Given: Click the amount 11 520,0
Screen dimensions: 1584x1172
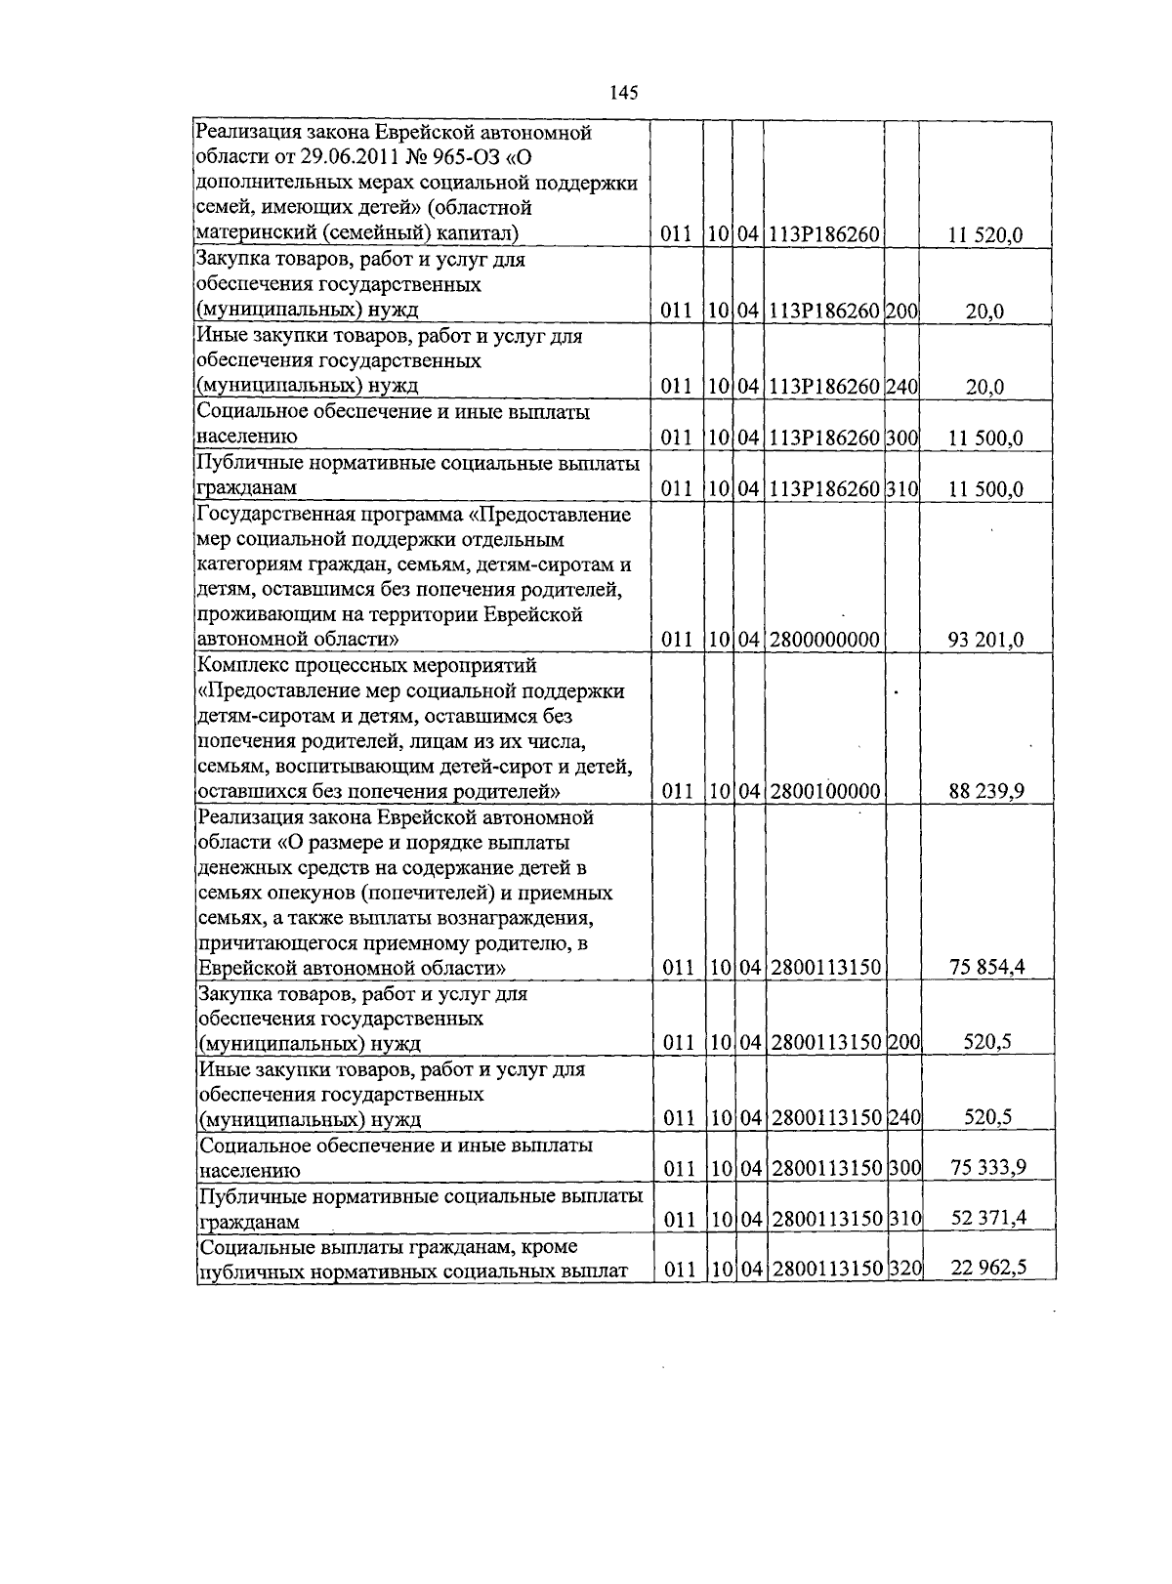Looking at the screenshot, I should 985,235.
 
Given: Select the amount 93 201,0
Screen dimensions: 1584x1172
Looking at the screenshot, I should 985,641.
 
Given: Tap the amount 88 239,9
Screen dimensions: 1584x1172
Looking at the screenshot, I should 985,792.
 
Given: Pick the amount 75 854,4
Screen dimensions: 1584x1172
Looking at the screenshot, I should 986,968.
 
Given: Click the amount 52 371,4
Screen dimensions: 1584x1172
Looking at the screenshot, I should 986,1218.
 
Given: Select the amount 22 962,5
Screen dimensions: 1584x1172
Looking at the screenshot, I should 986,1270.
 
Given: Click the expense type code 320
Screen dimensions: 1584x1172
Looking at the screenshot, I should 905,1270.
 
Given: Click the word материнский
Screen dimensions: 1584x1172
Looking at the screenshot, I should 255,233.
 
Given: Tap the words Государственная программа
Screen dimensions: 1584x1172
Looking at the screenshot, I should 332,515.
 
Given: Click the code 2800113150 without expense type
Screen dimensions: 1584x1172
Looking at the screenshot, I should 825,968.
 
